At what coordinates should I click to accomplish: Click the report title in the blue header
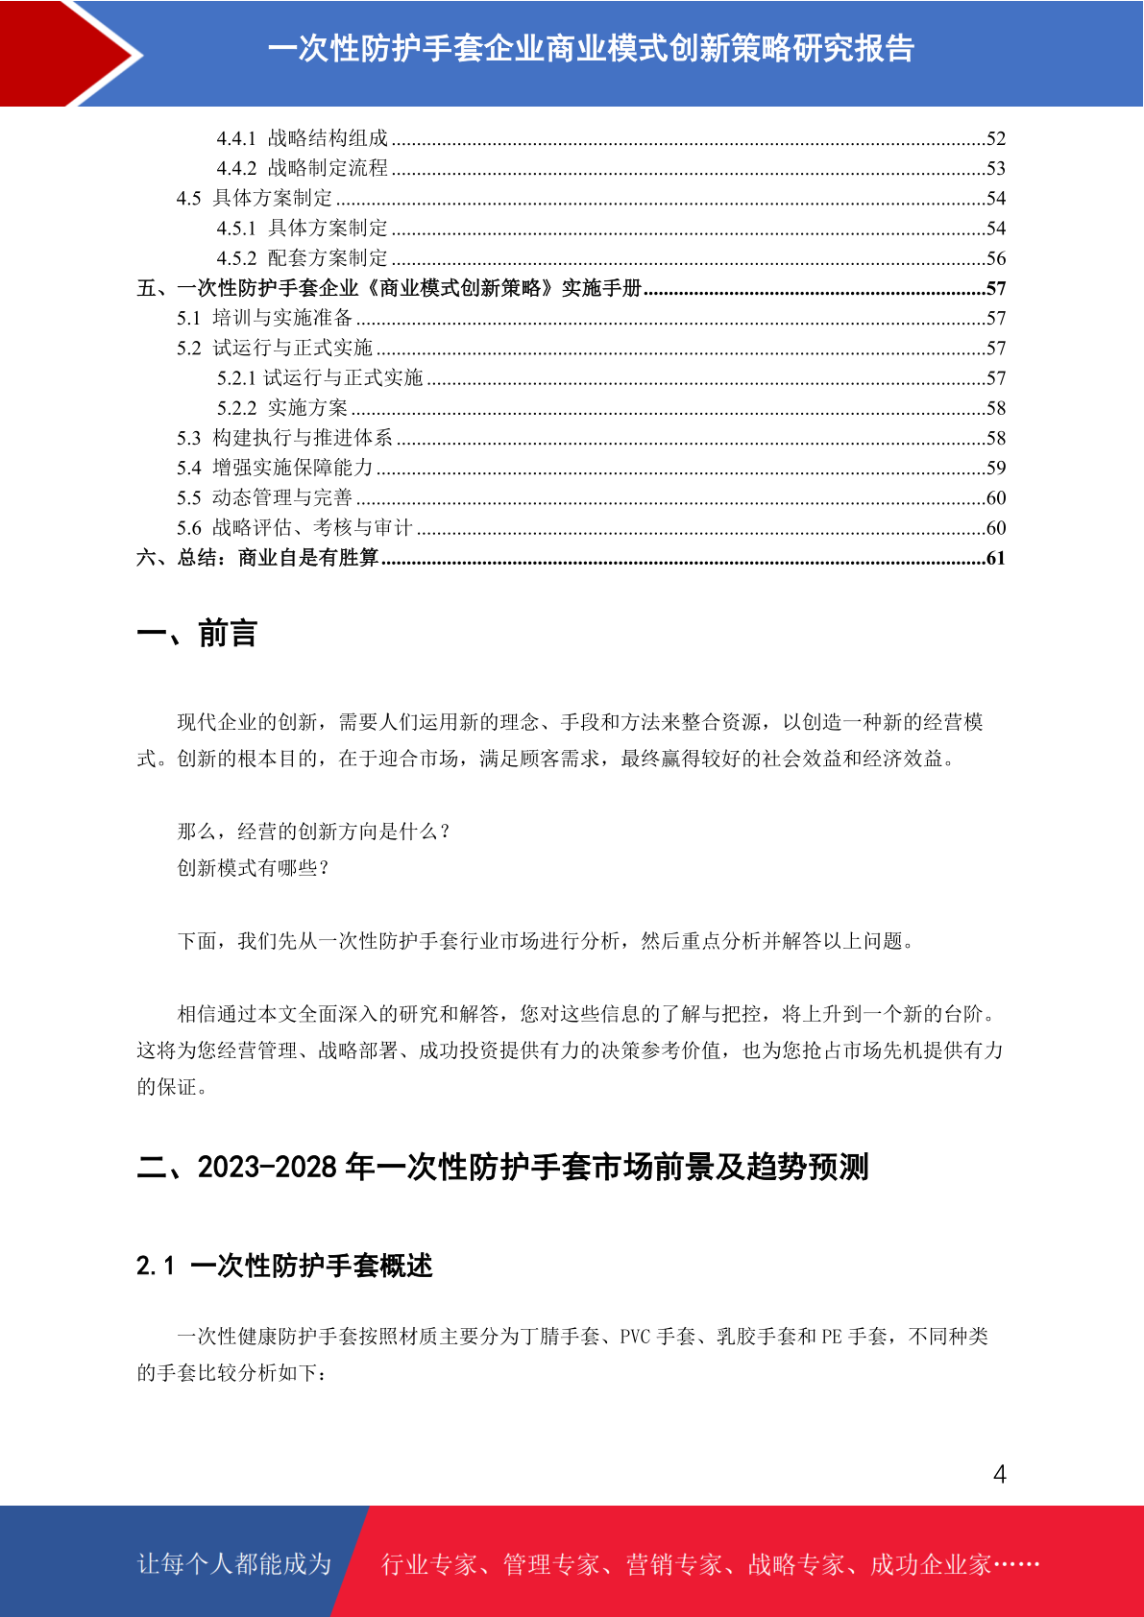pos(590,48)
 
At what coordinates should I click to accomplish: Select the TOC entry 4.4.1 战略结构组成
pos(303,138)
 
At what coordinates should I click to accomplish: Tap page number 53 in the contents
pos(995,169)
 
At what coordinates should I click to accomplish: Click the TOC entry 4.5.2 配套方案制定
pos(303,258)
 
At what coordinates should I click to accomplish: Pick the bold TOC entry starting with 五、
pos(389,288)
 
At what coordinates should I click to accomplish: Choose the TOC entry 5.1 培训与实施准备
pos(264,318)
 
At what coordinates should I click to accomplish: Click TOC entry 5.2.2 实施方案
pos(282,408)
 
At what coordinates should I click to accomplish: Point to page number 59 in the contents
pos(995,469)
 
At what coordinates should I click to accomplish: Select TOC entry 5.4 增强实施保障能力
pos(275,468)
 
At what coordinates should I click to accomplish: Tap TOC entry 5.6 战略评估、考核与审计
pos(294,528)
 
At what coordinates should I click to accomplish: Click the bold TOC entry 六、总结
pos(257,558)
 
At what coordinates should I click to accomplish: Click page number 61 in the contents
pos(995,558)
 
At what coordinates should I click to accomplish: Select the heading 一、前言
pos(197,634)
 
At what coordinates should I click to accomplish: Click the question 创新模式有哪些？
pos(255,868)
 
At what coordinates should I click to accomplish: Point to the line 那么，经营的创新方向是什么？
pos(314,832)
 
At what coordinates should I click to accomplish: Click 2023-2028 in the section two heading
pos(267,1167)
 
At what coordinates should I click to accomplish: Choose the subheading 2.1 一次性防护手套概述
pos(284,1266)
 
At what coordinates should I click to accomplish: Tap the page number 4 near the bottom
pos(999,1474)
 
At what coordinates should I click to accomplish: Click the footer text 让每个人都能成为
pos(234,1564)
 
